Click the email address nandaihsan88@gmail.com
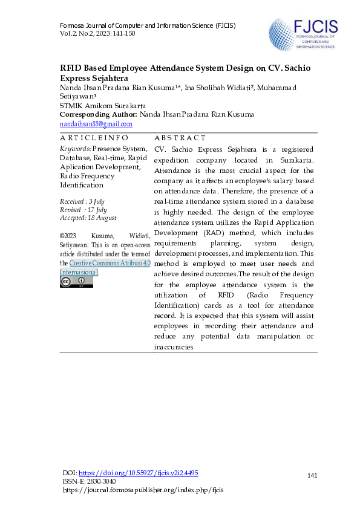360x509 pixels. [x=96, y=123]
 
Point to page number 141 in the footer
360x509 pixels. [x=312, y=476]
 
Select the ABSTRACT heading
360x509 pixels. [x=180, y=138]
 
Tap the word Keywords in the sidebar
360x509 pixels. [x=76, y=149]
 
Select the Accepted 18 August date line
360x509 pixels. [x=88, y=218]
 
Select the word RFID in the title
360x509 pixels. [x=71, y=68]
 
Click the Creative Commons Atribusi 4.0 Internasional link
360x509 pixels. [x=105, y=268]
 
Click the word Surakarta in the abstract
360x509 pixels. [x=296, y=159]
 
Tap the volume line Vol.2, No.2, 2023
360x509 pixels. [x=97, y=33]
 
